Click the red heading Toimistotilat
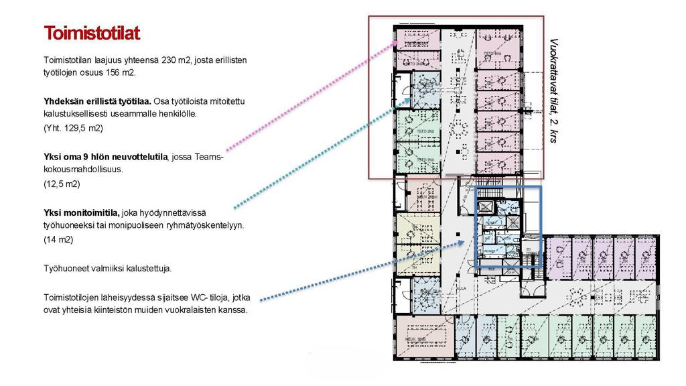pos(91,34)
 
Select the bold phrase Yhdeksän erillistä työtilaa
pos(97,102)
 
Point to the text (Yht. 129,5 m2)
pos(73,127)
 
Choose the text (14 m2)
pos(58,239)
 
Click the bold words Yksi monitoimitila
pos(82,213)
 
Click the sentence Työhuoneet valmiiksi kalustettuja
pos(107,268)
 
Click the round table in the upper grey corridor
pos(459,127)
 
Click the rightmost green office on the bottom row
pos(646,334)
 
